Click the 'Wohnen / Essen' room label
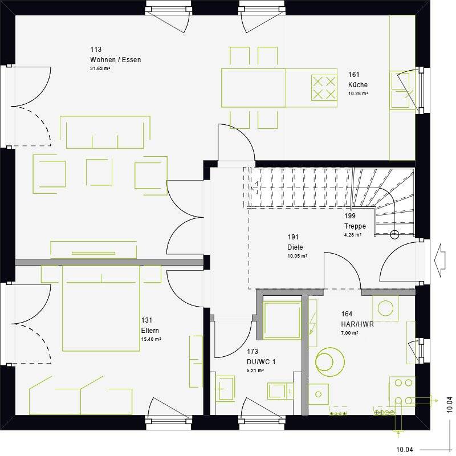click(x=115, y=60)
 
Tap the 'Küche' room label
click(x=358, y=85)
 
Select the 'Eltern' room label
click(x=150, y=331)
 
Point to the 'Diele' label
click(x=295, y=247)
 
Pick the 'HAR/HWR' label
click(x=354, y=324)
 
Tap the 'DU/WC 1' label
click(x=262, y=362)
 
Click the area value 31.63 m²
click(x=100, y=69)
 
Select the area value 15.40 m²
click(x=150, y=339)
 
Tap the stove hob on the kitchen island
click(x=323, y=88)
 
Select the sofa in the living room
click(x=105, y=132)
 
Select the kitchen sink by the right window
click(x=402, y=90)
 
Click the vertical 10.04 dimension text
click(x=449, y=404)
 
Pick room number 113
click(x=95, y=50)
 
